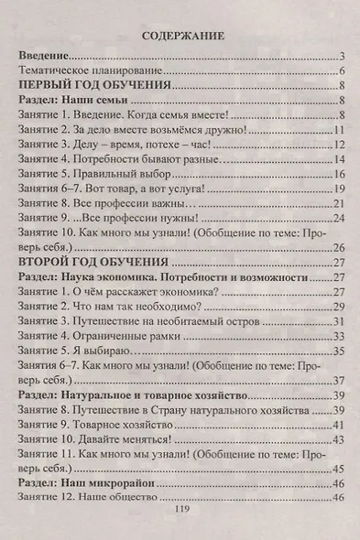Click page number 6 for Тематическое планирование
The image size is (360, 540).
click(340, 71)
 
